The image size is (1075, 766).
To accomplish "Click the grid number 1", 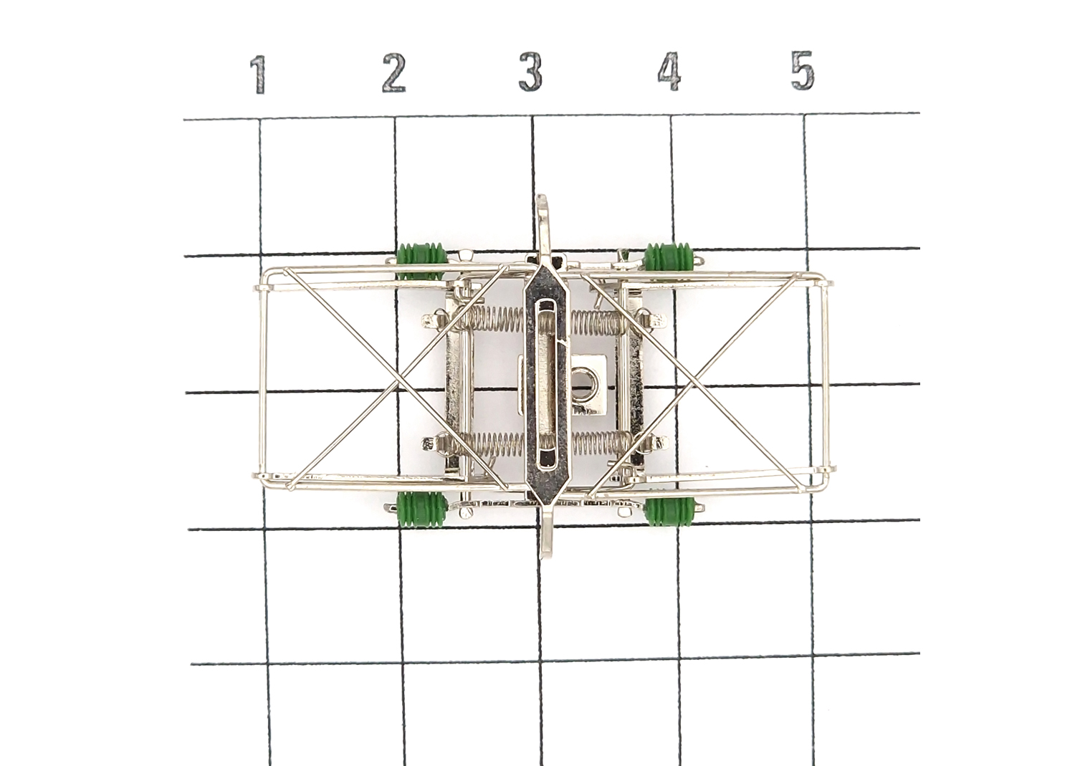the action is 259,75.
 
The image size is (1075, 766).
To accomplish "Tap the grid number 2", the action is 394,72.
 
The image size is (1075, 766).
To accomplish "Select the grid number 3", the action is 530,72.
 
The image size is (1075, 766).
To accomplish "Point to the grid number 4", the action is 669,72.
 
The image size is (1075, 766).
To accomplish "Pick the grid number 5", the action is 803,70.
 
